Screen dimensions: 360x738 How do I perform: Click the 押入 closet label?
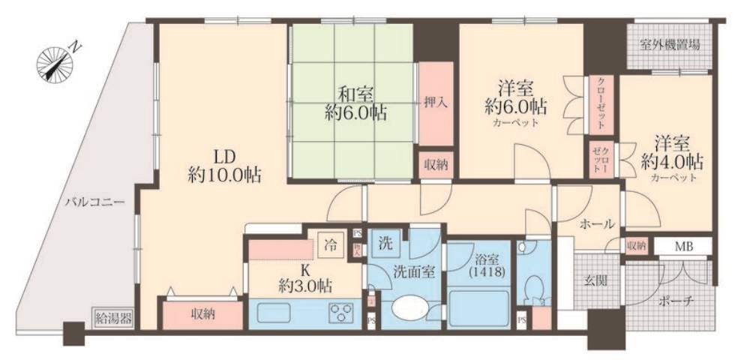(436, 103)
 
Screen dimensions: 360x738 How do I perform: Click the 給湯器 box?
(113, 317)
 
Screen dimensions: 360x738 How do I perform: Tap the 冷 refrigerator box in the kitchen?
(330, 243)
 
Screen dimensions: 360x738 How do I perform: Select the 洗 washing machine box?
(385, 243)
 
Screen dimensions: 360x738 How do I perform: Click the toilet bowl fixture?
(534, 289)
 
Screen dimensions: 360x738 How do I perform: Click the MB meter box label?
(682, 246)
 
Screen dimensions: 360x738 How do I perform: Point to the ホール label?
(597, 223)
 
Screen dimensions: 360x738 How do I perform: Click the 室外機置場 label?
(670, 45)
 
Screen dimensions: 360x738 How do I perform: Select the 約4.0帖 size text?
(672, 160)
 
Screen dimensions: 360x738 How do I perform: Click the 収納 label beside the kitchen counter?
(202, 314)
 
